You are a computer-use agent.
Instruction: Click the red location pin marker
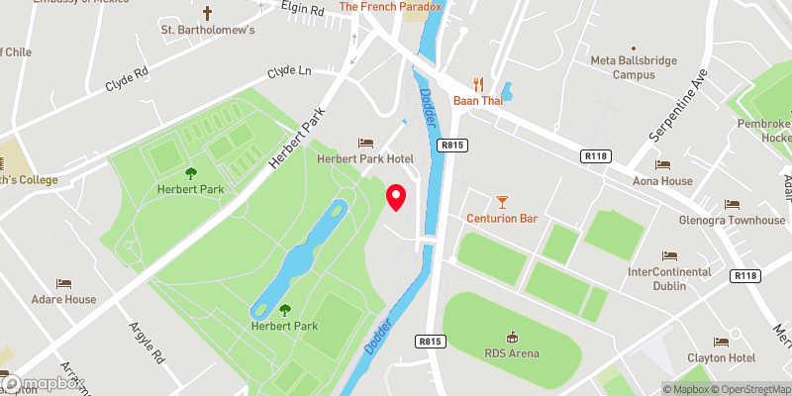click(396, 197)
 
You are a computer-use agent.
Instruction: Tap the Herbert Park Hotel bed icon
click(365, 144)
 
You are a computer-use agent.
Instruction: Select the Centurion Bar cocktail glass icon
click(502, 202)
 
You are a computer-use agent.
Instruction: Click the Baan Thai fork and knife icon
click(479, 83)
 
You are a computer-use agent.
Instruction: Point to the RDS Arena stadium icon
click(513, 338)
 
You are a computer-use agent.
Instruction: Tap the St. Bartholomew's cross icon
click(207, 13)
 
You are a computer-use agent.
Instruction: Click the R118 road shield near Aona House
click(595, 155)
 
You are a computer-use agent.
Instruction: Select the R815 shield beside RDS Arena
click(429, 341)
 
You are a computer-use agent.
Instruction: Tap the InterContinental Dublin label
click(669, 278)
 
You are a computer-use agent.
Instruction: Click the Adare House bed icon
click(63, 283)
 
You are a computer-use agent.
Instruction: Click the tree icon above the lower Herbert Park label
click(285, 310)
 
